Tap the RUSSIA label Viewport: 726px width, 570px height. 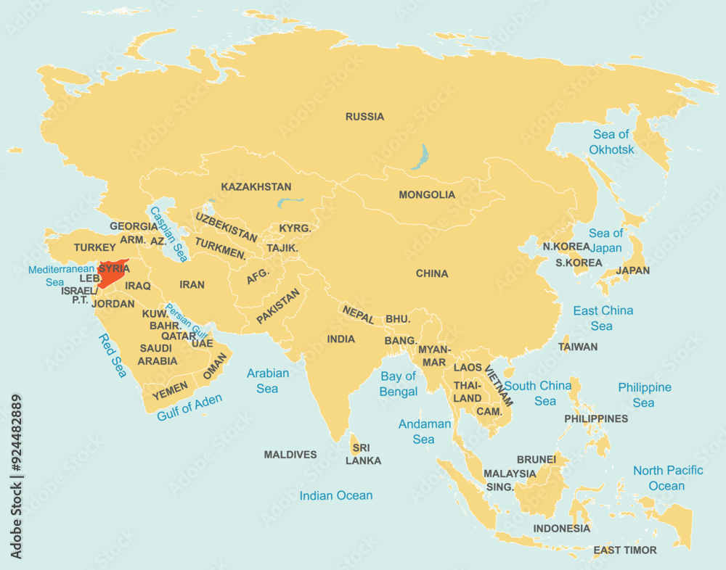pyautogui.click(x=364, y=117)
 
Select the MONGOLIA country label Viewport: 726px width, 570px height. pyautogui.click(x=427, y=195)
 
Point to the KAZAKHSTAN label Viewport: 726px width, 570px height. pyautogui.click(x=256, y=187)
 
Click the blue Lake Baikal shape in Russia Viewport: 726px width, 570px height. pyautogui.click(x=419, y=157)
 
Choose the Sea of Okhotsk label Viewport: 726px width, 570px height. pyautogui.click(x=611, y=142)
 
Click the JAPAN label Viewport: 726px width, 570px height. pyautogui.click(x=632, y=270)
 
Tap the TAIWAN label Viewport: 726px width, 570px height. pyautogui.click(x=578, y=347)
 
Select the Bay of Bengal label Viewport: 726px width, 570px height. pyautogui.click(x=399, y=384)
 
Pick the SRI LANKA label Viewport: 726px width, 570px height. pyautogui.click(x=363, y=454)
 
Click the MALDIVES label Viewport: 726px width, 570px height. pyautogui.click(x=290, y=455)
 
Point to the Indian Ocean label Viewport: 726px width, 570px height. pyautogui.click(x=336, y=496)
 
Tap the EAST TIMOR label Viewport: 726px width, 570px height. pyautogui.click(x=624, y=550)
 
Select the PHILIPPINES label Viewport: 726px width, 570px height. pyautogui.click(x=596, y=418)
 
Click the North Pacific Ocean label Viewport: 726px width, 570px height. pyautogui.click(x=667, y=478)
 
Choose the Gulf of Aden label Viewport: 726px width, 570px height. pyautogui.click(x=189, y=407)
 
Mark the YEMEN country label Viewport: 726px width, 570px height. pyautogui.click(x=171, y=390)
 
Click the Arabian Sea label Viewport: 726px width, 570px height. pyautogui.click(x=267, y=381)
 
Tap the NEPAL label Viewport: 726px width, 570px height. pyautogui.click(x=359, y=315)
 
